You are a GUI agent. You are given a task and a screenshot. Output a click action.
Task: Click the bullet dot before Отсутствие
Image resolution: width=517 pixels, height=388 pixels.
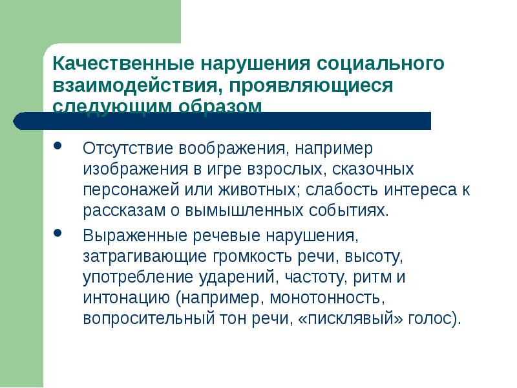pos(59,147)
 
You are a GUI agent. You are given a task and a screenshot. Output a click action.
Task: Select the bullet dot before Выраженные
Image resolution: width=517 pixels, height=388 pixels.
pos(59,233)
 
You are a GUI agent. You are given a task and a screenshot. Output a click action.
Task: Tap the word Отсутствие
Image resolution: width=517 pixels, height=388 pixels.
pos(123,149)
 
